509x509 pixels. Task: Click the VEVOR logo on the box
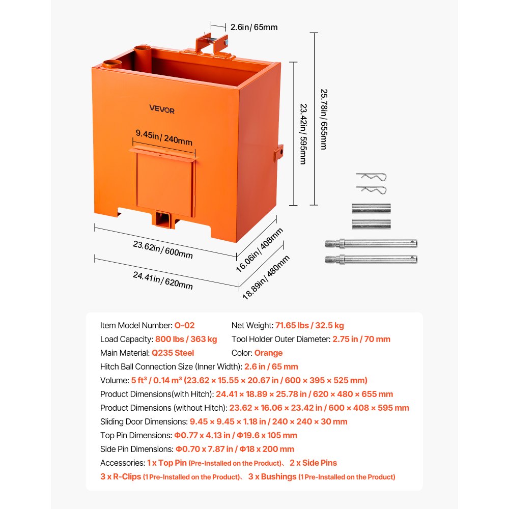coord(162,109)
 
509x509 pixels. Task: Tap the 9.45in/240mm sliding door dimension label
coord(164,137)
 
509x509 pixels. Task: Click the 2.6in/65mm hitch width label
coord(253,27)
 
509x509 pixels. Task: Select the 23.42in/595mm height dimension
coord(302,134)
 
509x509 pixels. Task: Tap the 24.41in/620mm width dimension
coord(163,280)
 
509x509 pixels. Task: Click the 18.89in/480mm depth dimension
coord(266,277)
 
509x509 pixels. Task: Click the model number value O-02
coord(184,325)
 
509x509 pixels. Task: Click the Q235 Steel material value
coord(173,353)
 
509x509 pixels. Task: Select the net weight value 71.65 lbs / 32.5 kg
coord(309,325)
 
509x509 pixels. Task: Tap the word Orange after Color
coord(268,353)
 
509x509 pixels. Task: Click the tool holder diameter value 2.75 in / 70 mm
coord(361,339)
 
